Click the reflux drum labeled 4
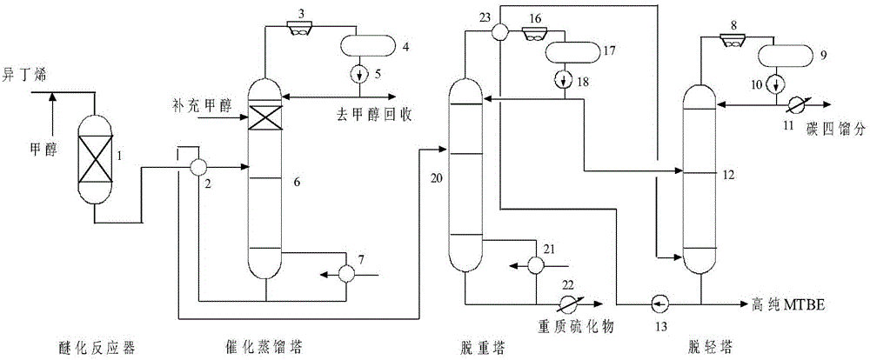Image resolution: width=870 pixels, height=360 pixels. click(x=366, y=43)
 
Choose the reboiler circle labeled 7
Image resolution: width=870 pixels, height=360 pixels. click(x=345, y=272)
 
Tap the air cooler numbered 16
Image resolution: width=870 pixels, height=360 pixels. click(x=536, y=31)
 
